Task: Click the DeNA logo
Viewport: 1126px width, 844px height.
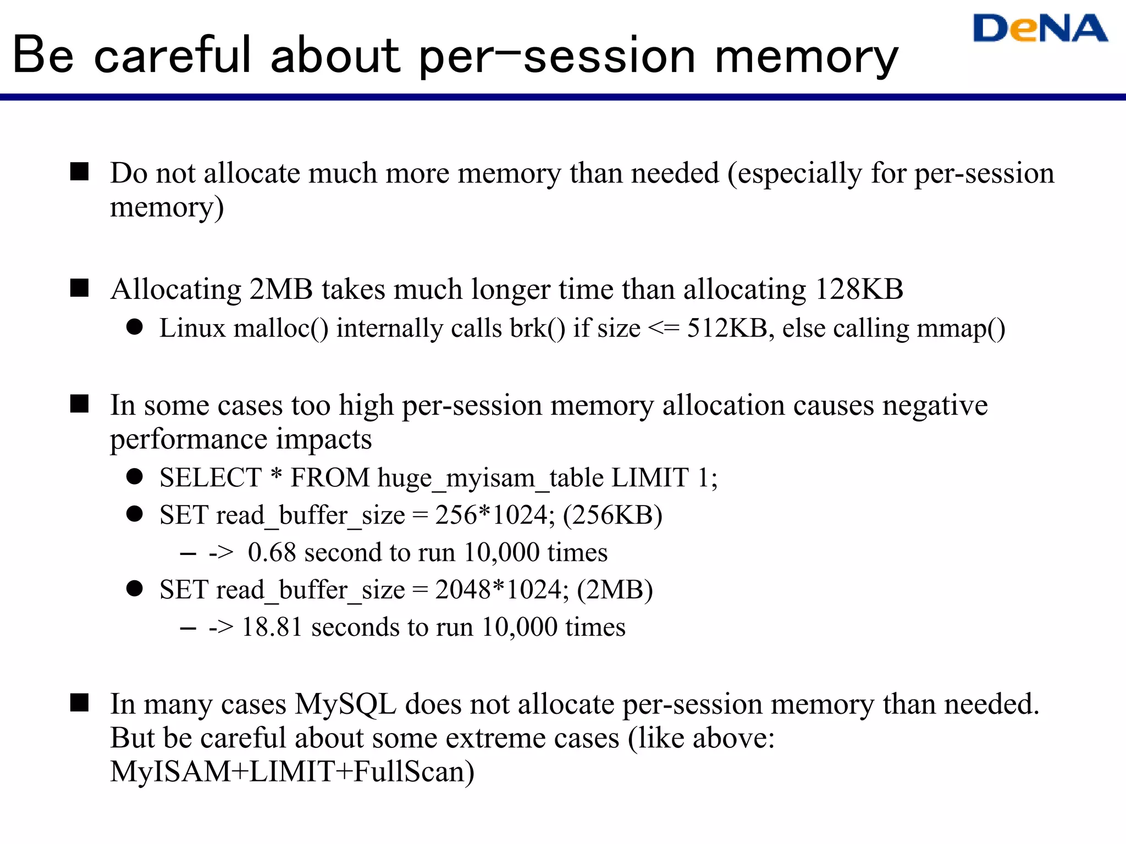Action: (x=1040, y=29)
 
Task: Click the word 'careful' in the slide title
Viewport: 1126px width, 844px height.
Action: (x=173, y=55)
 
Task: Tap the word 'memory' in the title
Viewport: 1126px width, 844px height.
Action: (x=807, y=57)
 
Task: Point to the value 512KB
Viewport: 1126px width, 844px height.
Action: (x=727, y=329)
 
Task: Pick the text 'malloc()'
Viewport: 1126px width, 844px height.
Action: (x=281, y=329)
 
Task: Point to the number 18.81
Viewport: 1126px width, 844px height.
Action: (x=272, y=627)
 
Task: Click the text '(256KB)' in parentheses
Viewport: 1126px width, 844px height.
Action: (x=612, y=515)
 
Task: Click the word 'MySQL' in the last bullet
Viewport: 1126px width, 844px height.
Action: (x=345, y=704)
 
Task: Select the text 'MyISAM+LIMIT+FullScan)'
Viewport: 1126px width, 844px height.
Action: (x=292, y=771)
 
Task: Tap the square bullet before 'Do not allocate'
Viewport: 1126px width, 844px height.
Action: (x=80, y=171)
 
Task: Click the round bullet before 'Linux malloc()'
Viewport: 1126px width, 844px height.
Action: (x=135, y=327)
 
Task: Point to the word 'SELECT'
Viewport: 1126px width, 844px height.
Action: (x=211, y=477)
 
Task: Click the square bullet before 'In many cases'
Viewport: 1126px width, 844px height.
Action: (x=80, y=702)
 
